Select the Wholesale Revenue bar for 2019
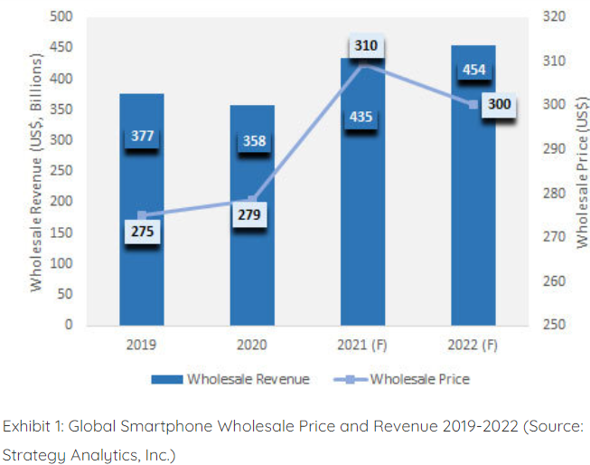[142, 271]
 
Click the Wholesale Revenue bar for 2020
[252, 271]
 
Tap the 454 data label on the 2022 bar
[473, 71]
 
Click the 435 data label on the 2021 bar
[363, 117]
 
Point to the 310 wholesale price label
[365, 44]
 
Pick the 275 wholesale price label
[142, 232]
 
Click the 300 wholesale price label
[498, 105]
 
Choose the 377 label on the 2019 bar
[142, 137]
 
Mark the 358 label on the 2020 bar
[252, 140]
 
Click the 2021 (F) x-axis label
[363, 344]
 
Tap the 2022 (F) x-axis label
[473, 344]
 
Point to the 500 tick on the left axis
[61, 17]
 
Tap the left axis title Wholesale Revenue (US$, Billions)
[36, 170]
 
